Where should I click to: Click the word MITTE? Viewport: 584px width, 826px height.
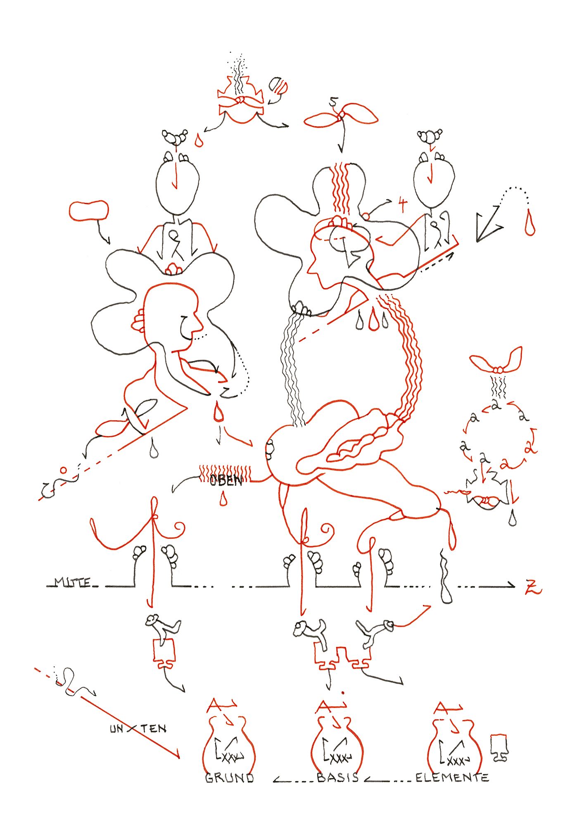click(x=72, y=583)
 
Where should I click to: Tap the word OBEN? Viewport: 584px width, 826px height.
click(x=226, y=480)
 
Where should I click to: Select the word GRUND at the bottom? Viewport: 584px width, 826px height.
click(x=230, y=778)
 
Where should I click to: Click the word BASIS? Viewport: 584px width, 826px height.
click(x=337, y=777)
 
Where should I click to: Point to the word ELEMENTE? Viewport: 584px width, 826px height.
click(x=452, y=778)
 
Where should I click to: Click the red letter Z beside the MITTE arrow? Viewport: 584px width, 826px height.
click(x=533, y=587)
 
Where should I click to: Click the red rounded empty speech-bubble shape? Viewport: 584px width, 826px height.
click(x=89, y=211)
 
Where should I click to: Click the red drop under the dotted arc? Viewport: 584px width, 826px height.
click(x=530, y=225)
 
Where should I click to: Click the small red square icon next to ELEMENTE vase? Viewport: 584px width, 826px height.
click(x=499, y=747)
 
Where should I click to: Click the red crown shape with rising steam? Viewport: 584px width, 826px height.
click(x=241, y=102)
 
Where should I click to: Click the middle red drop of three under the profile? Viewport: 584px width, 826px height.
click(x=374, y=320)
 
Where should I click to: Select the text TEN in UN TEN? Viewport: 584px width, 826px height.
click(x=154, y=729)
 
